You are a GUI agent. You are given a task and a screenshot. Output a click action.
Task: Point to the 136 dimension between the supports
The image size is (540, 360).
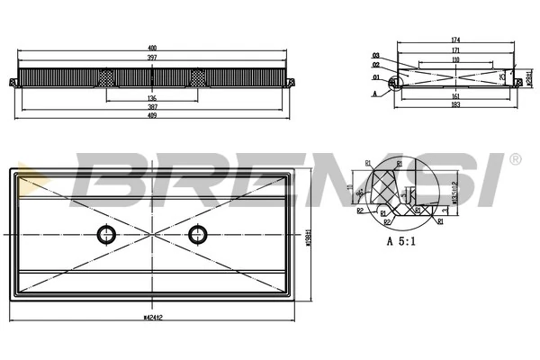[151, 99]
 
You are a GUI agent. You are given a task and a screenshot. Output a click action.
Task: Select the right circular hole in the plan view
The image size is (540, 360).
[197, 235]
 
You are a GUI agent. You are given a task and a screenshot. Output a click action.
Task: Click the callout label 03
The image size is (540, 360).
[376, 55]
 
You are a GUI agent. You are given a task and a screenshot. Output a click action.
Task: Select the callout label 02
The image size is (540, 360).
[376, 65]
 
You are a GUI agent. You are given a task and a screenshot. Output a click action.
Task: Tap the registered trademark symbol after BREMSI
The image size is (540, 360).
[515, 159]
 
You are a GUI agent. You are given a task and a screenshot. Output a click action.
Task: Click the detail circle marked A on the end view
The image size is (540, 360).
[392, 84]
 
